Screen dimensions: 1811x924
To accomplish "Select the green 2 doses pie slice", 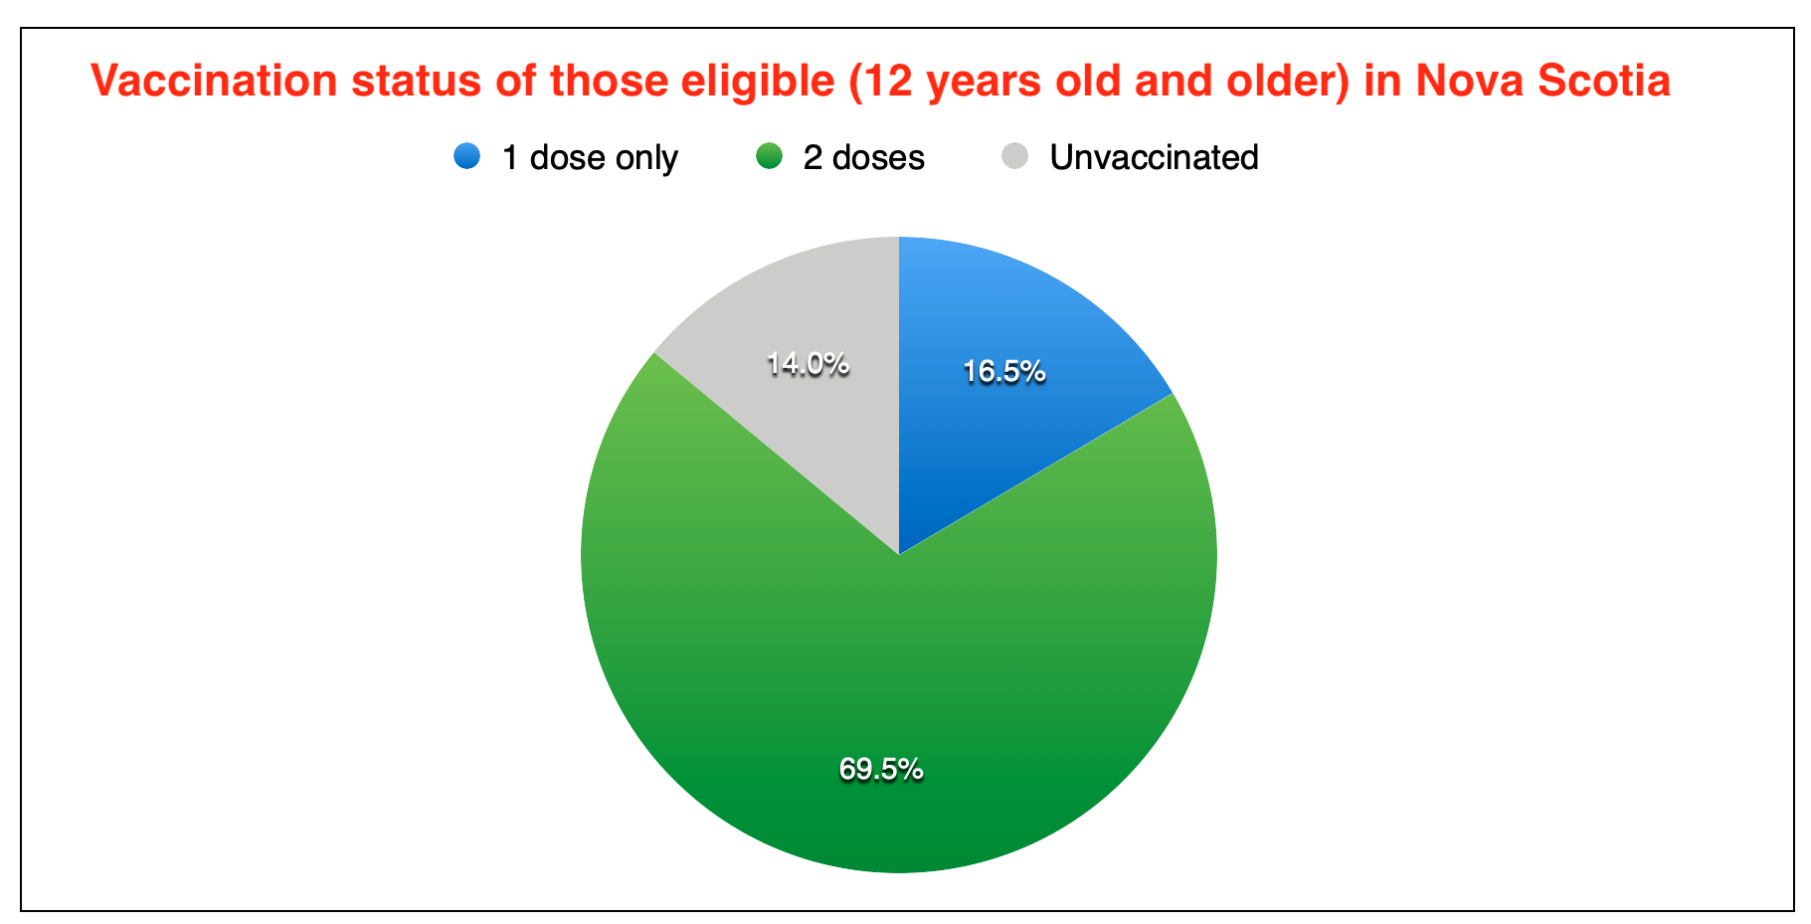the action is (899, 676).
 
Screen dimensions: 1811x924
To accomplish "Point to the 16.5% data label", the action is (1003, 372).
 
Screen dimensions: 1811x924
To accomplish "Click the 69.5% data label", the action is (881, 769).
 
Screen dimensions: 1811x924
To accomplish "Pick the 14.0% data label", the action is (808, 364).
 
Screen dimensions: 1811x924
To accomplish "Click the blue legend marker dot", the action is (466, 156).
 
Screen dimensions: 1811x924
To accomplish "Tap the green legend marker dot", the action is (769, 156).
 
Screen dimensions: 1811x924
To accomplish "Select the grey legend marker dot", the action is (1015, 156).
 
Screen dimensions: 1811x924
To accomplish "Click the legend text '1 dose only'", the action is (590, 158).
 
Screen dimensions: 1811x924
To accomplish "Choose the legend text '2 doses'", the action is (864, 158).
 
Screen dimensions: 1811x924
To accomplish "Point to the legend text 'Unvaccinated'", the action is (1154, 157).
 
